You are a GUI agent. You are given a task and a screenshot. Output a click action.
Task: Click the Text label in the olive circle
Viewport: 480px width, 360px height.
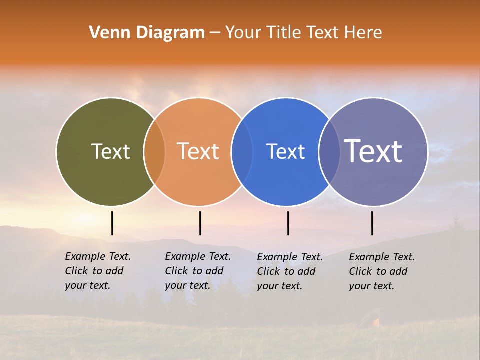(110, 151)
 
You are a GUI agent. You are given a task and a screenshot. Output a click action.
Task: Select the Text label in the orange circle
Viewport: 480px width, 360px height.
(198, 151)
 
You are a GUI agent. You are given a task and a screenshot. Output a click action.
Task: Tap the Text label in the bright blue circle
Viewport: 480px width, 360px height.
(285, 151)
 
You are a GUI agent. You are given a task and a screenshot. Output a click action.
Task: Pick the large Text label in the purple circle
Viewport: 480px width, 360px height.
(373, 151)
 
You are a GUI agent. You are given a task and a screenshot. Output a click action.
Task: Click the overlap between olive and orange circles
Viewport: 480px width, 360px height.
(154, 152)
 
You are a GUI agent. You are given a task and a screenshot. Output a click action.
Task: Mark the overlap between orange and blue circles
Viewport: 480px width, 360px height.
(242, 152)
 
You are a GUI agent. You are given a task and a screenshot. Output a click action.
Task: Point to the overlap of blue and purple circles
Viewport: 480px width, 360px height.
(329, 152)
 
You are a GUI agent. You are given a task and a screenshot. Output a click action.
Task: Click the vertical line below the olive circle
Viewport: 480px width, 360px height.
(112, 223)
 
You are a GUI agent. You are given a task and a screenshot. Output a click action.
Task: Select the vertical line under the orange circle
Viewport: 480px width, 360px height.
(200, 223)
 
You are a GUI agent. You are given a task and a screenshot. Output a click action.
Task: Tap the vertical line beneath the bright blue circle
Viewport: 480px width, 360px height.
(288, 223)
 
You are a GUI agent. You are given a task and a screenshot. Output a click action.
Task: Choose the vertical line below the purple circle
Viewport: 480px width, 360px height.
(372, 223)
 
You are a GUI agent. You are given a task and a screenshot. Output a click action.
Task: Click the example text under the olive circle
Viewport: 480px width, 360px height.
(97, 271)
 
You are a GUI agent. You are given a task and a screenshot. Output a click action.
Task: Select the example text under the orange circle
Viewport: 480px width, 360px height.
(197, 271)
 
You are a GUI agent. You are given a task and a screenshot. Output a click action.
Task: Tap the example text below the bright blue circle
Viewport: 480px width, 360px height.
(289, 271)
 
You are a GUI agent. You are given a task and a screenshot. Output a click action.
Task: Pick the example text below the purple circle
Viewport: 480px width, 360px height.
(381, 271)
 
